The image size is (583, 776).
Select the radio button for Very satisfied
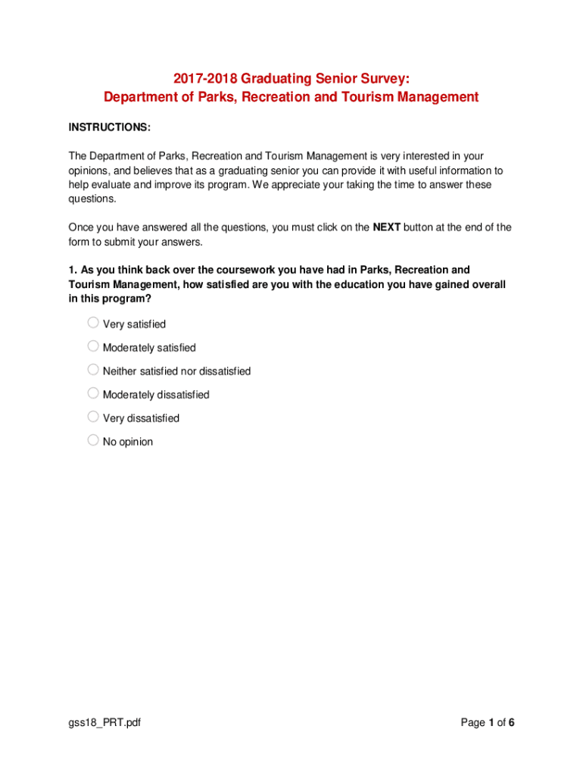point(93,323)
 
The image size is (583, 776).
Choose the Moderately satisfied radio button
point(93,346)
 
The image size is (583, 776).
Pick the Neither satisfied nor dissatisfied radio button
point(93,370)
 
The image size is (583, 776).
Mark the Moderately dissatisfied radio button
point(93,393)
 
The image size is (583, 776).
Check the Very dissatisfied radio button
point(93,417)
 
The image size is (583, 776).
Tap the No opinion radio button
point(93,440)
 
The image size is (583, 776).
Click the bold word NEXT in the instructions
point(387,227)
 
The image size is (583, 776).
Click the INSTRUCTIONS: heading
point(109,127)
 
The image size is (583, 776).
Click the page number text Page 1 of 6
point(488,723)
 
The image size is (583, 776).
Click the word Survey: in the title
point(386,79)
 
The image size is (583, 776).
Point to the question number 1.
point(73,271)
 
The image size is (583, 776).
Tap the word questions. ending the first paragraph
point(92,199)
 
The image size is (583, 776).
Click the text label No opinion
point(128,442)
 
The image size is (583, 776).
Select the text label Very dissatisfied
point(141,418)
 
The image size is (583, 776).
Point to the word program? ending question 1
point(129,299)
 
